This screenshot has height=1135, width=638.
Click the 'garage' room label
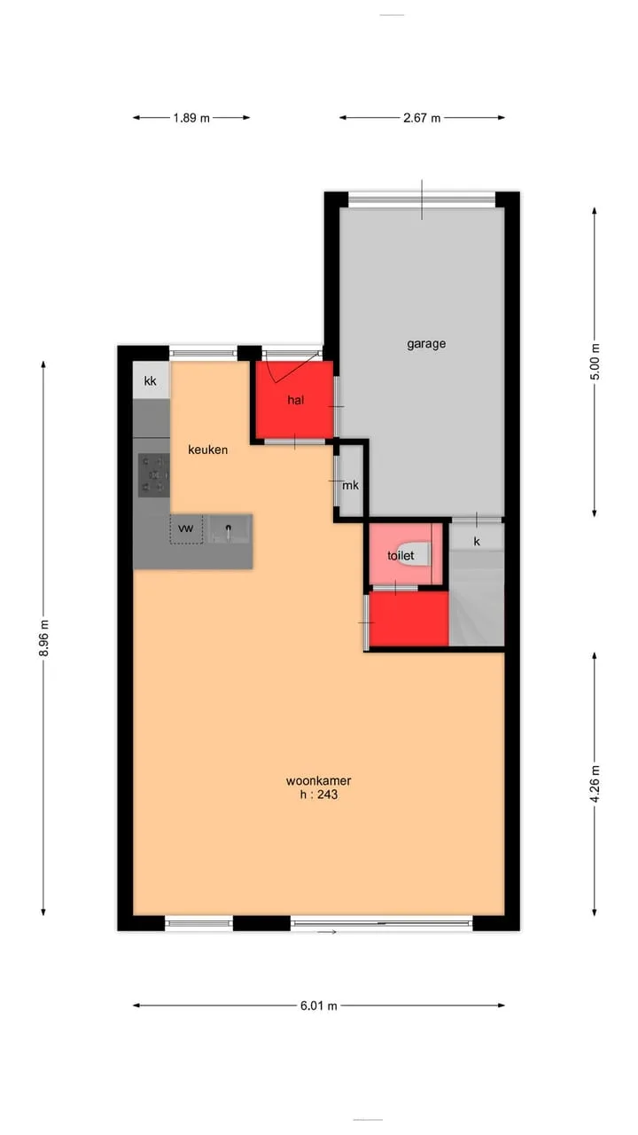coord(426,344)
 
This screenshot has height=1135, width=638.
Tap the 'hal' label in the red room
coord(296,400)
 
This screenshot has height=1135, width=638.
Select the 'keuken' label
coord(207,450)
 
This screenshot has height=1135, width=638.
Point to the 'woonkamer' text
coord(318,781)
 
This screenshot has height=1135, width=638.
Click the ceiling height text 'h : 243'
coord(318,794)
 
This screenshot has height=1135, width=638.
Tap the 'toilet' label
coord(401,555)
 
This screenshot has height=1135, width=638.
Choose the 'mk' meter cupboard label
coord(350,485)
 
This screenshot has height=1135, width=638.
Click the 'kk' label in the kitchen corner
coord(151,381)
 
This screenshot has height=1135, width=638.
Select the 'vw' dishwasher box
coord(186,529)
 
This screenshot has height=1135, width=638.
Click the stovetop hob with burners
coord(154,474)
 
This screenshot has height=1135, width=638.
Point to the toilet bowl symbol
coord(416,554)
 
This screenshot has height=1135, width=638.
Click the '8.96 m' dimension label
coord(44,638)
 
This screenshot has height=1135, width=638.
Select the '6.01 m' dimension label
coord(318,1006)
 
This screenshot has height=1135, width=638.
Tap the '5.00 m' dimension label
coord(595,361)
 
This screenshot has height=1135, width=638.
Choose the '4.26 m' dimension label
coord(595,783)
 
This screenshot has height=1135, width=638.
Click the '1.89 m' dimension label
coord(191,118)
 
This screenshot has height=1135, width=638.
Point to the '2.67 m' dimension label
coord(422,118)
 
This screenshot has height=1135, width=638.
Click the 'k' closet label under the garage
coord(477,542)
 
